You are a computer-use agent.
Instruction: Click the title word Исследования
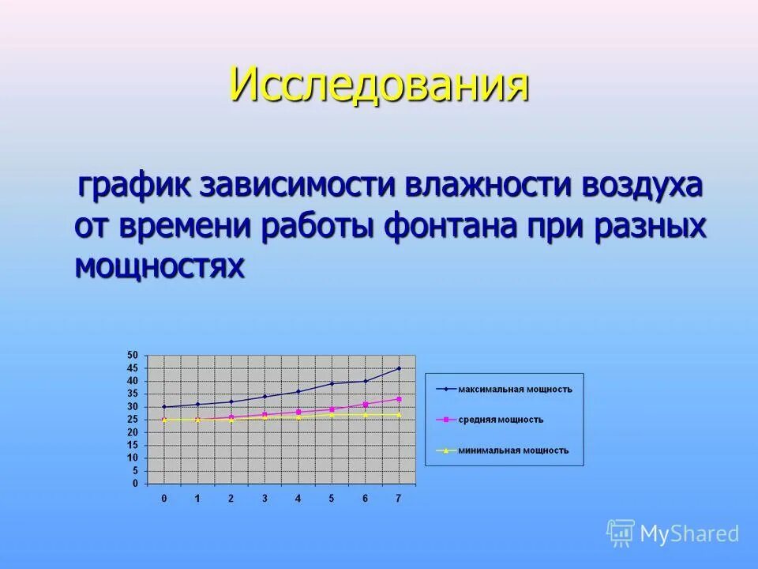point(379,84)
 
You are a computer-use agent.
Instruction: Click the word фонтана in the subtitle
point(452,227)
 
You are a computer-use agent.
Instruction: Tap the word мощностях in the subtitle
point(159,266)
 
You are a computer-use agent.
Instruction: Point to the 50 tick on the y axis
point(133,356)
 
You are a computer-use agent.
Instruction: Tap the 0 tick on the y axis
point(135,484)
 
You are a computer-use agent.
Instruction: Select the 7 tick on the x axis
point(398,499)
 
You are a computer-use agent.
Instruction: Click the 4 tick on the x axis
point(298,499)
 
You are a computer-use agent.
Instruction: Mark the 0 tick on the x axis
point(164,499)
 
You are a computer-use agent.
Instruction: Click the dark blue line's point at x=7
point(399,368)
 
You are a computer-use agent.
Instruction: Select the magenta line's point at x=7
point(399,399)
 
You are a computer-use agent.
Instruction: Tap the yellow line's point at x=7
point(399,414)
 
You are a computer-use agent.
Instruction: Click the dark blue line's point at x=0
point(164,407)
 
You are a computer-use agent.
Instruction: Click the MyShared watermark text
point(689,533)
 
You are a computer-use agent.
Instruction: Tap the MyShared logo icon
point(621,533)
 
